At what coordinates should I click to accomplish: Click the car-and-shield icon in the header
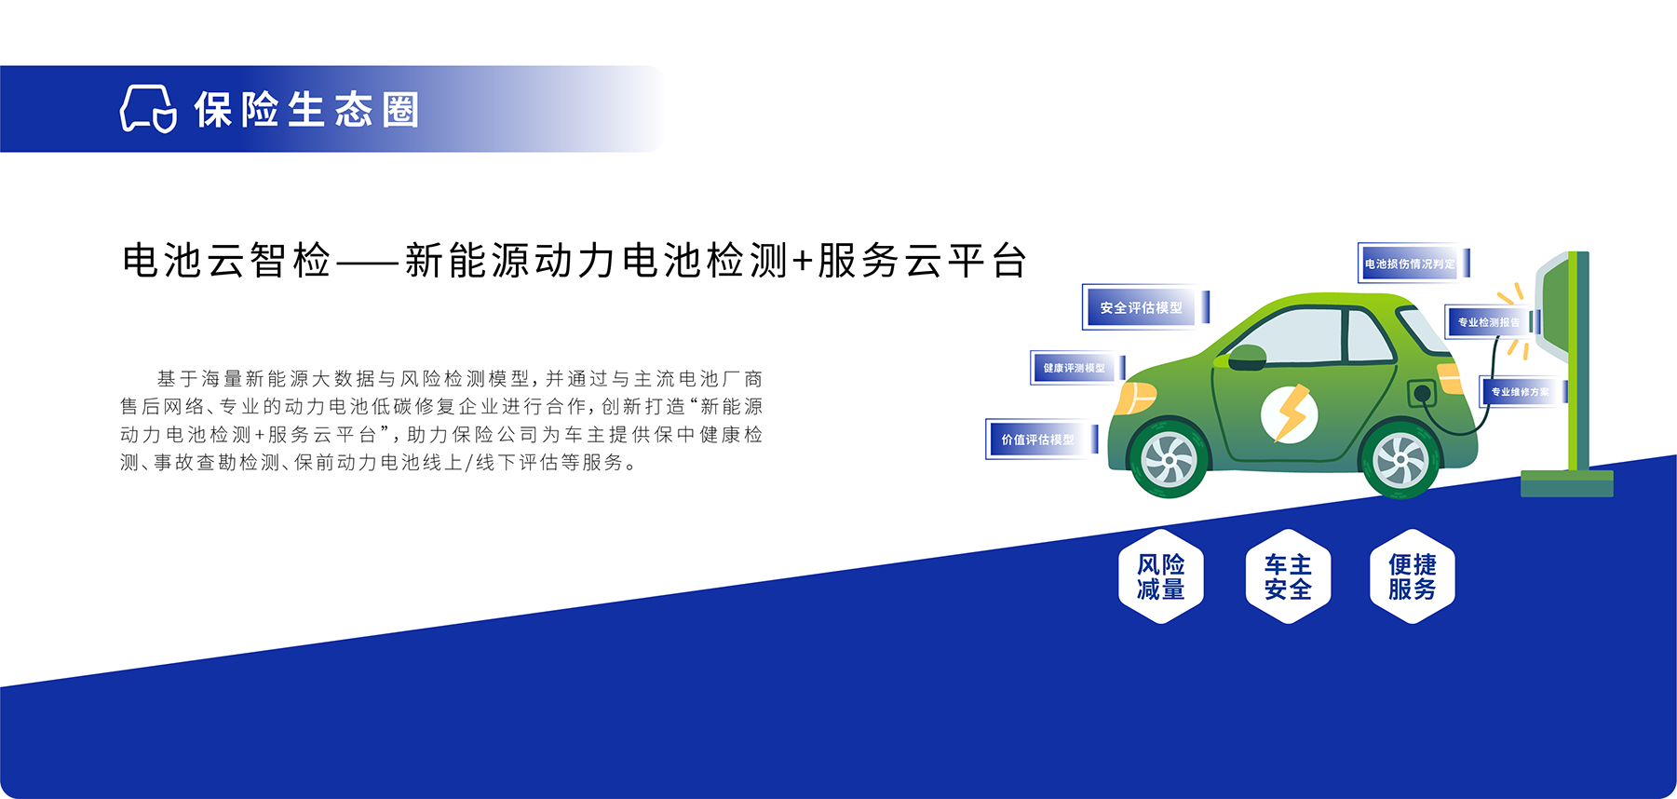click(x=148, y=109)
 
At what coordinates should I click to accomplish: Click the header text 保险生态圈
click(x=307, y=110)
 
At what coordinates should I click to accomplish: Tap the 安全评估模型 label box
click(x=1145, y=307)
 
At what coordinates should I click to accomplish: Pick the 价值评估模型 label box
click(x=1042, y=439)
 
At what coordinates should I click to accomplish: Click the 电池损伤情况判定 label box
click(x=1413, y=264)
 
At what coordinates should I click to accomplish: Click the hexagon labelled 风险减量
click(x=1161, y=576)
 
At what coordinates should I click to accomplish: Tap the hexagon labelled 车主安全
click(x=1288, y=576)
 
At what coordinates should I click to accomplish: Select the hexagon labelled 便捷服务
click(x=1413, y=576)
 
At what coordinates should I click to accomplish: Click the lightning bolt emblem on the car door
click(x=1290, y=413)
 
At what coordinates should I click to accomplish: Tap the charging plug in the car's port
click(x=1423, y=394)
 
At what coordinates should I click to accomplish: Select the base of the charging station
click(x=1567, y=483)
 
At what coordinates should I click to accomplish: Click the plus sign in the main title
click(x=803, y=262)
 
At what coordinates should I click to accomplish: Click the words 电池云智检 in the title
click(x=226, y=261)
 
